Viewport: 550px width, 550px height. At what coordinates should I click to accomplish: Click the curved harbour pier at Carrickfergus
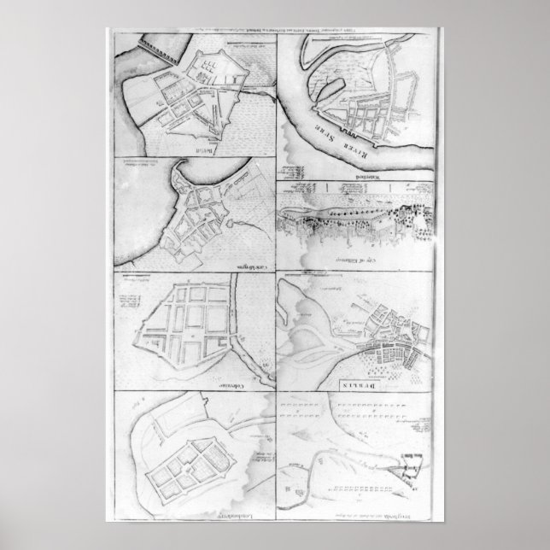coord(184,175)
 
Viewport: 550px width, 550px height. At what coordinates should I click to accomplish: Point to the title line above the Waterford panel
coord(359,32)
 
